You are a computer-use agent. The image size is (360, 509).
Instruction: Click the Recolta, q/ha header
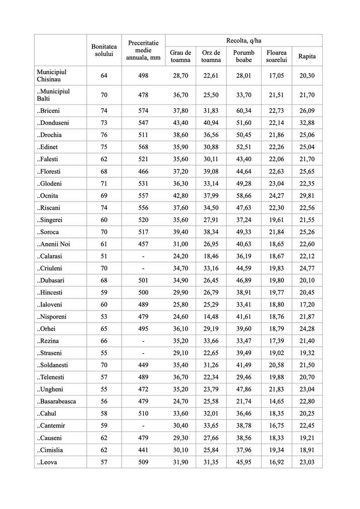tap(244, 40)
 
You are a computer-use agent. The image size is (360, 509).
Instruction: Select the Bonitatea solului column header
tap(104, 50)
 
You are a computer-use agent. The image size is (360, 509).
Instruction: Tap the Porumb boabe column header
tap(244, 56)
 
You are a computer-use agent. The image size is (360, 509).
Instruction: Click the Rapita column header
tap(307, 56)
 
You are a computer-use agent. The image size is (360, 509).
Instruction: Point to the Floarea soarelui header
tap(276, 56)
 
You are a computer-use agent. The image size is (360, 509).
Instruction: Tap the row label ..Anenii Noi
tap(53, 244)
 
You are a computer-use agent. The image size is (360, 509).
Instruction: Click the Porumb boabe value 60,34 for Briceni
tap(244, 110)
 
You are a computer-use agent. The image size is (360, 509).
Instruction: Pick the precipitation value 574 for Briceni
tap(143, 110)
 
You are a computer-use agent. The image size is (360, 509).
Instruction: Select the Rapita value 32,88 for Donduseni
tap(307, 122)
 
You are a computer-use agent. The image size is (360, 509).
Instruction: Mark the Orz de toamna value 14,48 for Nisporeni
tap(211, 316)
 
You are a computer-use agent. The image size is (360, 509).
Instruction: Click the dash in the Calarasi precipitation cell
tap(143, 256)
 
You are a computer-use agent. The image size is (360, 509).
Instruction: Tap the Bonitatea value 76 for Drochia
tap(104, 135)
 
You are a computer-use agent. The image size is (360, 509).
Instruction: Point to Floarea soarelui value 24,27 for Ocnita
tap(276, 195)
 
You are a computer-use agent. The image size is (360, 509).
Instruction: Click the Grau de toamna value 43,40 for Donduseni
tap(181, 122)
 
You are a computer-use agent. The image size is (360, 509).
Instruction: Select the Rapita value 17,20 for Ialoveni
tap(307, 304)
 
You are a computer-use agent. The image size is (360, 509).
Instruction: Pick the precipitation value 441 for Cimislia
tap(143, 450)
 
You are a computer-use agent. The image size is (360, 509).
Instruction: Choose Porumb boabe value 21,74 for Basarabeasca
tap(244, 401)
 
